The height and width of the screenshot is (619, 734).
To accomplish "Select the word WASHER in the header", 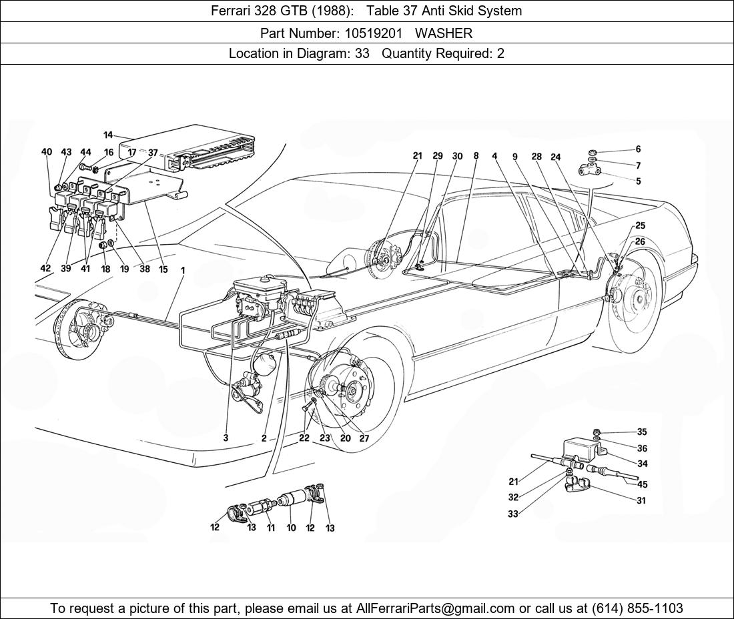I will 444,33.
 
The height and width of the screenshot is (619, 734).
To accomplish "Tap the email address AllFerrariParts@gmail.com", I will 436,608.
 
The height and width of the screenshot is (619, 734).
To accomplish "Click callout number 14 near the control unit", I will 108,135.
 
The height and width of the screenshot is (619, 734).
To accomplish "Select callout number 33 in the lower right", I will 513,514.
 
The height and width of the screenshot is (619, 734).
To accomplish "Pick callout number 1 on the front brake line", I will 183,271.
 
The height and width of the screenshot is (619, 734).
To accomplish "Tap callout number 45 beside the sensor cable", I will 642,485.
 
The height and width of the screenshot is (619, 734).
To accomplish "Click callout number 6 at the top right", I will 638,150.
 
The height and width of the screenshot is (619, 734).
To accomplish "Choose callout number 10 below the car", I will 291,528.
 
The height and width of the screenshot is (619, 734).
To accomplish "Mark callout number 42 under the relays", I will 45,269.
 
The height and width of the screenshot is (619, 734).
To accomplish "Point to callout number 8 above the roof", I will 476,156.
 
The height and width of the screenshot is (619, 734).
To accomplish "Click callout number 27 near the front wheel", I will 364,439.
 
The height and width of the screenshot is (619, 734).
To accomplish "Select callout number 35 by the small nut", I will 642,432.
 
